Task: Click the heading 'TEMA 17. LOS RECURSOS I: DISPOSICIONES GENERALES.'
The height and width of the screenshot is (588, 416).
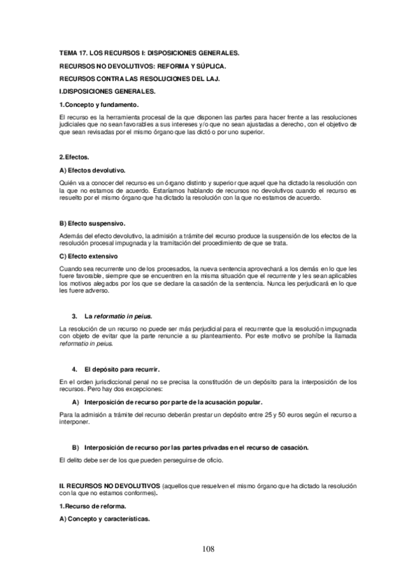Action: click(149, 53)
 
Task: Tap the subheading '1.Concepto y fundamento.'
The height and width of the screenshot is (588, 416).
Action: click(95, 104)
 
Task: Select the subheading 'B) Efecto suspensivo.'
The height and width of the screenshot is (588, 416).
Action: click(92, 223)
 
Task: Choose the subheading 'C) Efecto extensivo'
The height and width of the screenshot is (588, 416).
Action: click(90, 257)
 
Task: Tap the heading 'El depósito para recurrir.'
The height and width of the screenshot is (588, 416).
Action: click(122, 368)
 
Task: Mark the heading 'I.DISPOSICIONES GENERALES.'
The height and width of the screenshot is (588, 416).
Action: click(108, 91)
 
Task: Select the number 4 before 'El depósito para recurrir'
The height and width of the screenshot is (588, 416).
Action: click(74, 368)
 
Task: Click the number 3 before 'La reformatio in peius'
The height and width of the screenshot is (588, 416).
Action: click(74, 315)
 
